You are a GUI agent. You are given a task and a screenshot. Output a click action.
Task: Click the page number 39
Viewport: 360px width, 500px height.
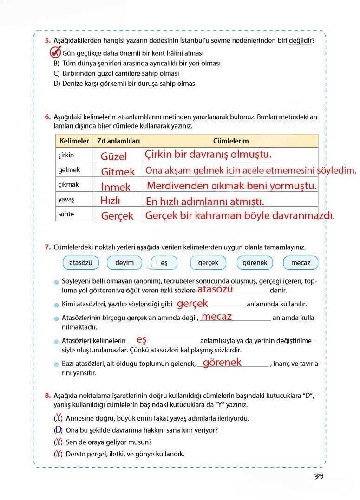tap(318, 477)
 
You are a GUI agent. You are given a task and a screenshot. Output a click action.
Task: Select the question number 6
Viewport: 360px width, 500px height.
tap(47, 117)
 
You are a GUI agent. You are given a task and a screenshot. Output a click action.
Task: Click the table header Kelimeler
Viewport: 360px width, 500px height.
tap(74, 141)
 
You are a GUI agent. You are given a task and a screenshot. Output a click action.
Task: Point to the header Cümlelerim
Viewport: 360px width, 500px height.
tap(231, 141)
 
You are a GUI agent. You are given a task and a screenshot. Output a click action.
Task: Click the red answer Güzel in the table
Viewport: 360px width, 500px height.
tap(114, 156)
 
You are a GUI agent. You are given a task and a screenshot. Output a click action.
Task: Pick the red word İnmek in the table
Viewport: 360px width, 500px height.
tap(116, 187)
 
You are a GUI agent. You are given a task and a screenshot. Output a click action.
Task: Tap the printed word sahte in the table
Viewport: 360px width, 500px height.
tap(66, 214)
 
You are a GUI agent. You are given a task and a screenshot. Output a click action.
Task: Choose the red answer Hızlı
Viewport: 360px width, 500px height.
tap(110, 201)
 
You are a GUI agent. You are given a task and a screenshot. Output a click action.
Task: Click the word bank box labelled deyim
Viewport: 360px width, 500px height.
tap(124, 263)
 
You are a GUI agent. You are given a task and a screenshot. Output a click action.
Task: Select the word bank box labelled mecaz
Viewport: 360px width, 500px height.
tap(301, 263)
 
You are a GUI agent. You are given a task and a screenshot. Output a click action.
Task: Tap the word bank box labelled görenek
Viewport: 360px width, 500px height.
tap(255, 263)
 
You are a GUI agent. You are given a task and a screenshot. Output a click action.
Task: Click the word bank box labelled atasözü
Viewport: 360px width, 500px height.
tap(81, 263)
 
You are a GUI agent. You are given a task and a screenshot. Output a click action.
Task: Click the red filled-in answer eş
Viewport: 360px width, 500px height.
tap(142, 340)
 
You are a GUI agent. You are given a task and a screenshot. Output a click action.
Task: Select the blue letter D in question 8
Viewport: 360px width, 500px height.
tap(58, 429)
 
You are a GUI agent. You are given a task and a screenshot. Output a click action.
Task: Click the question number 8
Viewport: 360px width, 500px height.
tap(47, 396)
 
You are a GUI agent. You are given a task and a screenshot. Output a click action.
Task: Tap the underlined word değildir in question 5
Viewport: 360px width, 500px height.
tap(301, 41)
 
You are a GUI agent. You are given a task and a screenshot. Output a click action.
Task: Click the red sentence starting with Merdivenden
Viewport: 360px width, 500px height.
tap(232, 186)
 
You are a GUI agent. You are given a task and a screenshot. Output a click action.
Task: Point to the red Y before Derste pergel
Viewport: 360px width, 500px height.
tap(58, 454)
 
